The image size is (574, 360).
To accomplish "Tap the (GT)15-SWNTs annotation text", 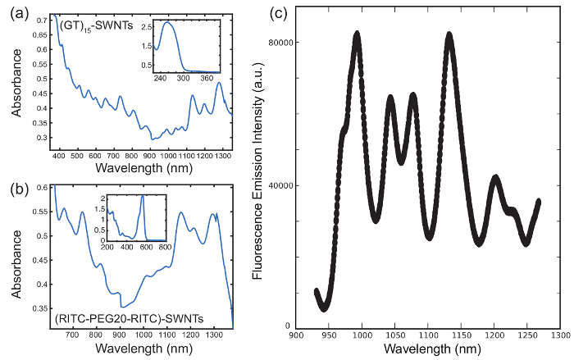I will pyautogui.click(x=89, y=27).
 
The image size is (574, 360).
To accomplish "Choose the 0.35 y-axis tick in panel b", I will pyautogui.click(x=39, y=308).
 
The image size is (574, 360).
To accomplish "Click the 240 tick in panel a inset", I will pyautogui.click(x=159, y=79).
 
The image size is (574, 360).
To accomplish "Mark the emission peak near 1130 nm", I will pyautogui.click(x=449, y=34).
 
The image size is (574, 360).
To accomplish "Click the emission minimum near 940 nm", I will pyautogui.click(x=324, y=308).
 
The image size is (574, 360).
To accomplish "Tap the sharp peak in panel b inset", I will pyautogui.click(x=142, y=195).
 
